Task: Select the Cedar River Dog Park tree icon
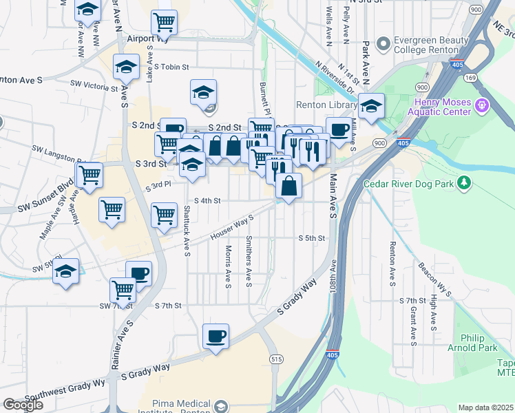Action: click(x=465, y=182)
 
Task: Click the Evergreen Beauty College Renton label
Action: click(x=425, y=45)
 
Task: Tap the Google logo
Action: click(x=23, y=405)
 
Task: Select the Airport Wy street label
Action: click(x=144, y=39)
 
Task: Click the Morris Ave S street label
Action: click(x=228, y=266)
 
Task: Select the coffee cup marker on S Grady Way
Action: click(x=216, y=336)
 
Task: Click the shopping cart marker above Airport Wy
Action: click(x=164, y=23)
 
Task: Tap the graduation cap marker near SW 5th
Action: click(x=66, y=271)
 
